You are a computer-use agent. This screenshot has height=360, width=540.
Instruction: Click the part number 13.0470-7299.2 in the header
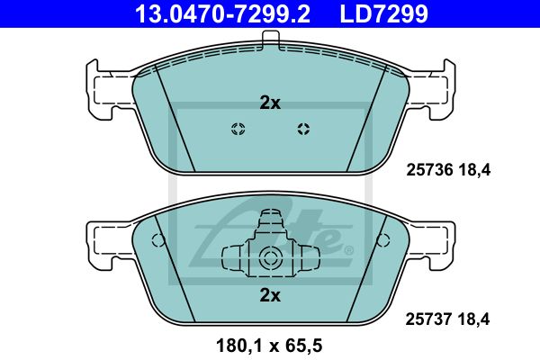222,13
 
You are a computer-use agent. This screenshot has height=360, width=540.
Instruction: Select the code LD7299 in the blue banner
384,13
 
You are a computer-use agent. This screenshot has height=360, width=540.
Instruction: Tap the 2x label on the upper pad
270,103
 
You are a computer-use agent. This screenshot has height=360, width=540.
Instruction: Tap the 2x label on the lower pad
270,295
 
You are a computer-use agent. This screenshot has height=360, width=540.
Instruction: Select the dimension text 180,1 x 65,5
269,346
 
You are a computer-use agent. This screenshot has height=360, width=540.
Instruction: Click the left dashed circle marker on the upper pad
238,129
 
